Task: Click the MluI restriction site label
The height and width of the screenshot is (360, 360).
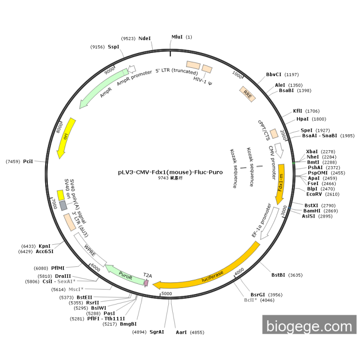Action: pyautogui.click(x=177, y=37)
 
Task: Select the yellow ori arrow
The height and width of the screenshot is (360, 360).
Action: pyautogui.click(x=66, y=138)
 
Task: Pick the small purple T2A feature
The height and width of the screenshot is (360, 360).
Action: pyautogui.click(x=146, y=282)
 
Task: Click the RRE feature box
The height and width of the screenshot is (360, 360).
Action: pyautogui.click(x=247, y=94)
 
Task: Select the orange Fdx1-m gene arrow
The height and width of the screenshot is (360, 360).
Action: pyautogui.click(x=280, y=184)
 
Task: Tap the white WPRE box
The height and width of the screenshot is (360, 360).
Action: pyautogui.click(x=90, y=250)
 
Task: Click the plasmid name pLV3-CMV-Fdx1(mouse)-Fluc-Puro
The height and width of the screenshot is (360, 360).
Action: pyautogui.click(x=170, y=172)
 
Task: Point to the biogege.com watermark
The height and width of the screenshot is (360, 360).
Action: pyautogui.click(x=309, y=325)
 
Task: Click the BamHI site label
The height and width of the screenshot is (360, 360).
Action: pyautogui.click(x=312, y=211)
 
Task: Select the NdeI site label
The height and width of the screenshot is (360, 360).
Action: pyautogui.click(x=145, y=39)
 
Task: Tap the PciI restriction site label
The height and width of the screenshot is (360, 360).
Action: pyautogui.click(x=28, y=161)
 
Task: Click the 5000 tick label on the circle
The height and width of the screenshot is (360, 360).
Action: pyautogui.click(x=167, y=294)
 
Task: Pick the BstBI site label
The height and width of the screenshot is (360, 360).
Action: pyautogui.click(x=278, y=275)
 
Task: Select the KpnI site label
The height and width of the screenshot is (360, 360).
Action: pyautogui.click(x=44, y=246)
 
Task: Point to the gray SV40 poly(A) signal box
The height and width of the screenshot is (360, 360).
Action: pyautogui.click(x=63, y=206)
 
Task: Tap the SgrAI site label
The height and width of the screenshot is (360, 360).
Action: pyautogui.click(x=156, y=332)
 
